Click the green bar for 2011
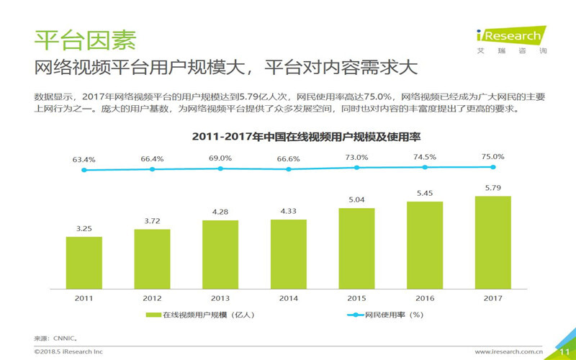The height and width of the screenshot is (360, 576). (x=84, y=262)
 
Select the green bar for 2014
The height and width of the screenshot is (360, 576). (x=289, y=253)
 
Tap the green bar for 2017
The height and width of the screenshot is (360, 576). (x=492, y=242)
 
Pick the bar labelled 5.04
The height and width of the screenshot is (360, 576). (x=356, y=248)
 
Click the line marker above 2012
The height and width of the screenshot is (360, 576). (x=152, y=169)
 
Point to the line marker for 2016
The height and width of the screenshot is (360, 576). (x=425, y=167)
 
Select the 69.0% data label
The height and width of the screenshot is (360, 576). (x=220, y=158)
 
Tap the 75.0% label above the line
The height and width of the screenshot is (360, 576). (x=492, y=156)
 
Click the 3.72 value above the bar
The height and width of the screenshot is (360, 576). (x=152, y=220)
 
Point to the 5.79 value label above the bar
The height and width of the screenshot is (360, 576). (x=492, y=187)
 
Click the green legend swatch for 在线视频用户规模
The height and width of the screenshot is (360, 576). (x=153, y=315)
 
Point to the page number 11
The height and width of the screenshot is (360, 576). (x=564, y=351)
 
